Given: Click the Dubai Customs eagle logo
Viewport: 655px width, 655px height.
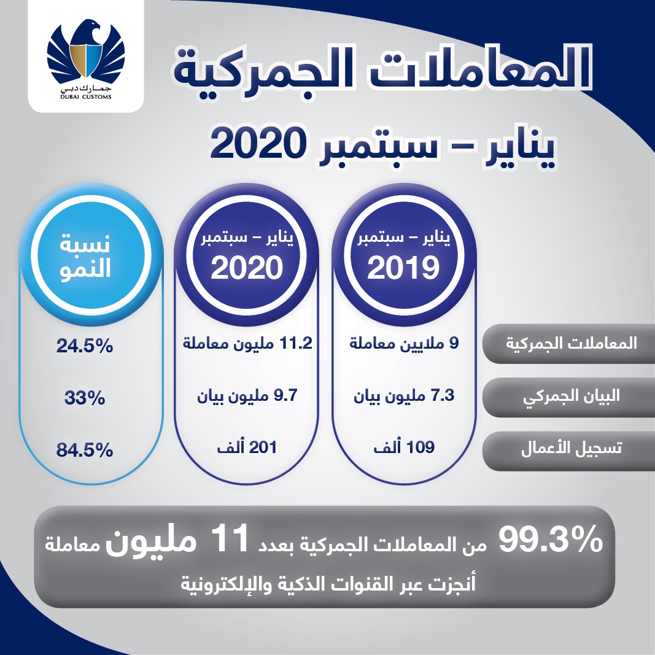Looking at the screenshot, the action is (85, 53).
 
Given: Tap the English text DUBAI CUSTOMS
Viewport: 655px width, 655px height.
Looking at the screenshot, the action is (85, 97).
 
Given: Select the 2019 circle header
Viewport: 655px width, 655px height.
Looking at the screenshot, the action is (404, 255).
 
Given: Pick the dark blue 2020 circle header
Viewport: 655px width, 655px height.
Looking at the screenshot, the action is (247, 255).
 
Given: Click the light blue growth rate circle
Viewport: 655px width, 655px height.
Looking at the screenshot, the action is (91, 255).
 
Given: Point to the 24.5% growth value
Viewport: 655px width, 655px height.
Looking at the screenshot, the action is (85, 346).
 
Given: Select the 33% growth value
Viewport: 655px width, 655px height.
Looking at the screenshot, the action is (85, 398).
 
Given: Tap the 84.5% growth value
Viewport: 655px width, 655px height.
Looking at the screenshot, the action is (85, 450).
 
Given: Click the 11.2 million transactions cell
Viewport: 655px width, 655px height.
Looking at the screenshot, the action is (248, 343).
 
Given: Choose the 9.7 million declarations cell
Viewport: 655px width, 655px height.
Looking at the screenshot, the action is (247, 395).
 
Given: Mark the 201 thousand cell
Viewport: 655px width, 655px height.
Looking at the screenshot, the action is (247, 448).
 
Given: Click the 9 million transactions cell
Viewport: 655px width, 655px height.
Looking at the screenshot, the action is (404, 343).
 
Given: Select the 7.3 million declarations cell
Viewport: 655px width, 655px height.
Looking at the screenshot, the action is (404, 395).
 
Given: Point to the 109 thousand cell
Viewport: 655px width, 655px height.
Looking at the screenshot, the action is (404, 447).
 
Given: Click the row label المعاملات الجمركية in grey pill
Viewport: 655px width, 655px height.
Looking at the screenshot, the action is (571, 343).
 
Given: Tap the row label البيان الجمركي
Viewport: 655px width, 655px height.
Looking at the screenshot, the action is (571, 396).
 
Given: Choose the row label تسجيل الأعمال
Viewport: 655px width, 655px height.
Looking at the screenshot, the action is (571, 448).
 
